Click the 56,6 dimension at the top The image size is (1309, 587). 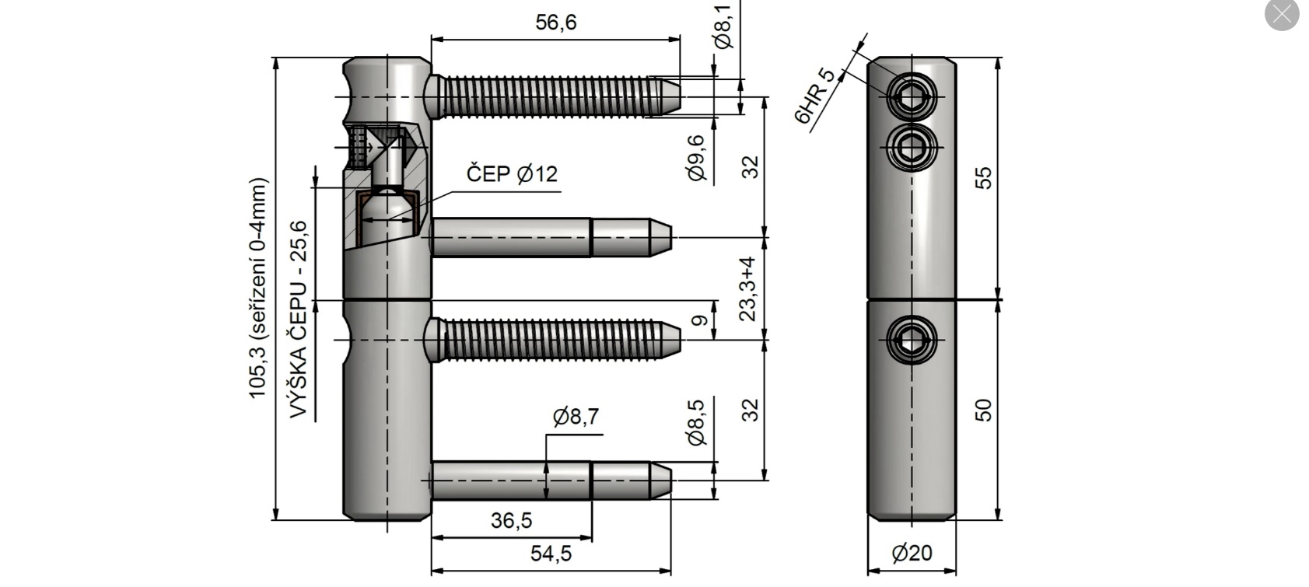pos(555,23)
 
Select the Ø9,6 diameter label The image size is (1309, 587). pos(697,159)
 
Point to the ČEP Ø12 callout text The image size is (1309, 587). pos(512,173)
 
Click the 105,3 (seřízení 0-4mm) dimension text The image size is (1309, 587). pos(258,288)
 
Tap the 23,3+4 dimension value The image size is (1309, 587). pos(748,288)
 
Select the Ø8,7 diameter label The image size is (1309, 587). pos(576,418)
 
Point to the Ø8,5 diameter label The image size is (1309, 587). pos(697,423)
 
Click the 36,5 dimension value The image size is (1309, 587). pos(511,520)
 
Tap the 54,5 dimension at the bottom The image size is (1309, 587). pos(551,554)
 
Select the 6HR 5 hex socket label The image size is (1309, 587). pos(815,96)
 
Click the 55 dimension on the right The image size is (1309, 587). pos(984,177)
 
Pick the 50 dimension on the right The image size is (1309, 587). pos(984,410)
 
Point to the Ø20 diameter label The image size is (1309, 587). pos(912,554)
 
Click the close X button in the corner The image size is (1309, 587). pos(1281,14)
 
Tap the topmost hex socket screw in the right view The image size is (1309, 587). pos(912,97)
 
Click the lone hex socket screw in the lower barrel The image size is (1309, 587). pos(912,340)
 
